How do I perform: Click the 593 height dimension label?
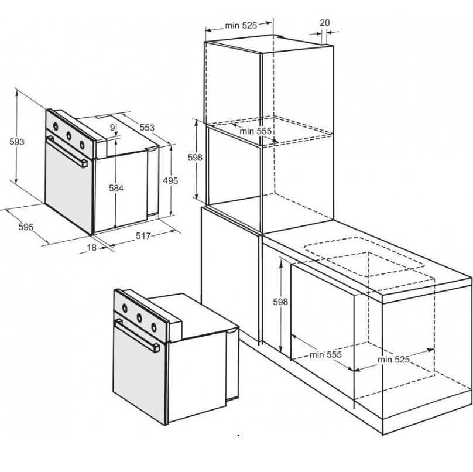click(x=16, y=142)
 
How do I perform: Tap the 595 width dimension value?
click(x=26, y=227)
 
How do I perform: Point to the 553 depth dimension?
click(x=147, y=128)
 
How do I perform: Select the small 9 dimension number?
click(x=112, y=128)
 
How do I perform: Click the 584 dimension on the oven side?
click(x=116, y=189)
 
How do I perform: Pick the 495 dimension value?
click(x=170, y=181)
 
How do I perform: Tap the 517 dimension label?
click(x=143, y=235)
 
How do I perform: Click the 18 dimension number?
click(x=92, y=248)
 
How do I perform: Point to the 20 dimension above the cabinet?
click(x=324, y=23)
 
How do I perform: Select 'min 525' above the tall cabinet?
click(x=241, y=26)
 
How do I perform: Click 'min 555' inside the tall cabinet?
click(x=255, y=131)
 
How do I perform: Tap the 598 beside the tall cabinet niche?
click(x=195, y=157)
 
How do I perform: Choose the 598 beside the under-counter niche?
click(x=280, y=302)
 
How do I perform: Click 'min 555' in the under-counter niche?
click(x=325, y=355)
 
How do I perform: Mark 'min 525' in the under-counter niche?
click(x=393, y=360)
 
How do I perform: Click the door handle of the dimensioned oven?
click(x=67, y=152)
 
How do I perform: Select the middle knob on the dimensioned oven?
click(x=69, y=136)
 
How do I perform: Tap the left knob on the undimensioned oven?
click(x=124, y=308)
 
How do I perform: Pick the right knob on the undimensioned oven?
click(x=154, y=327)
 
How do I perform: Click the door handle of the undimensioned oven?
click(x=137, y=336)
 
